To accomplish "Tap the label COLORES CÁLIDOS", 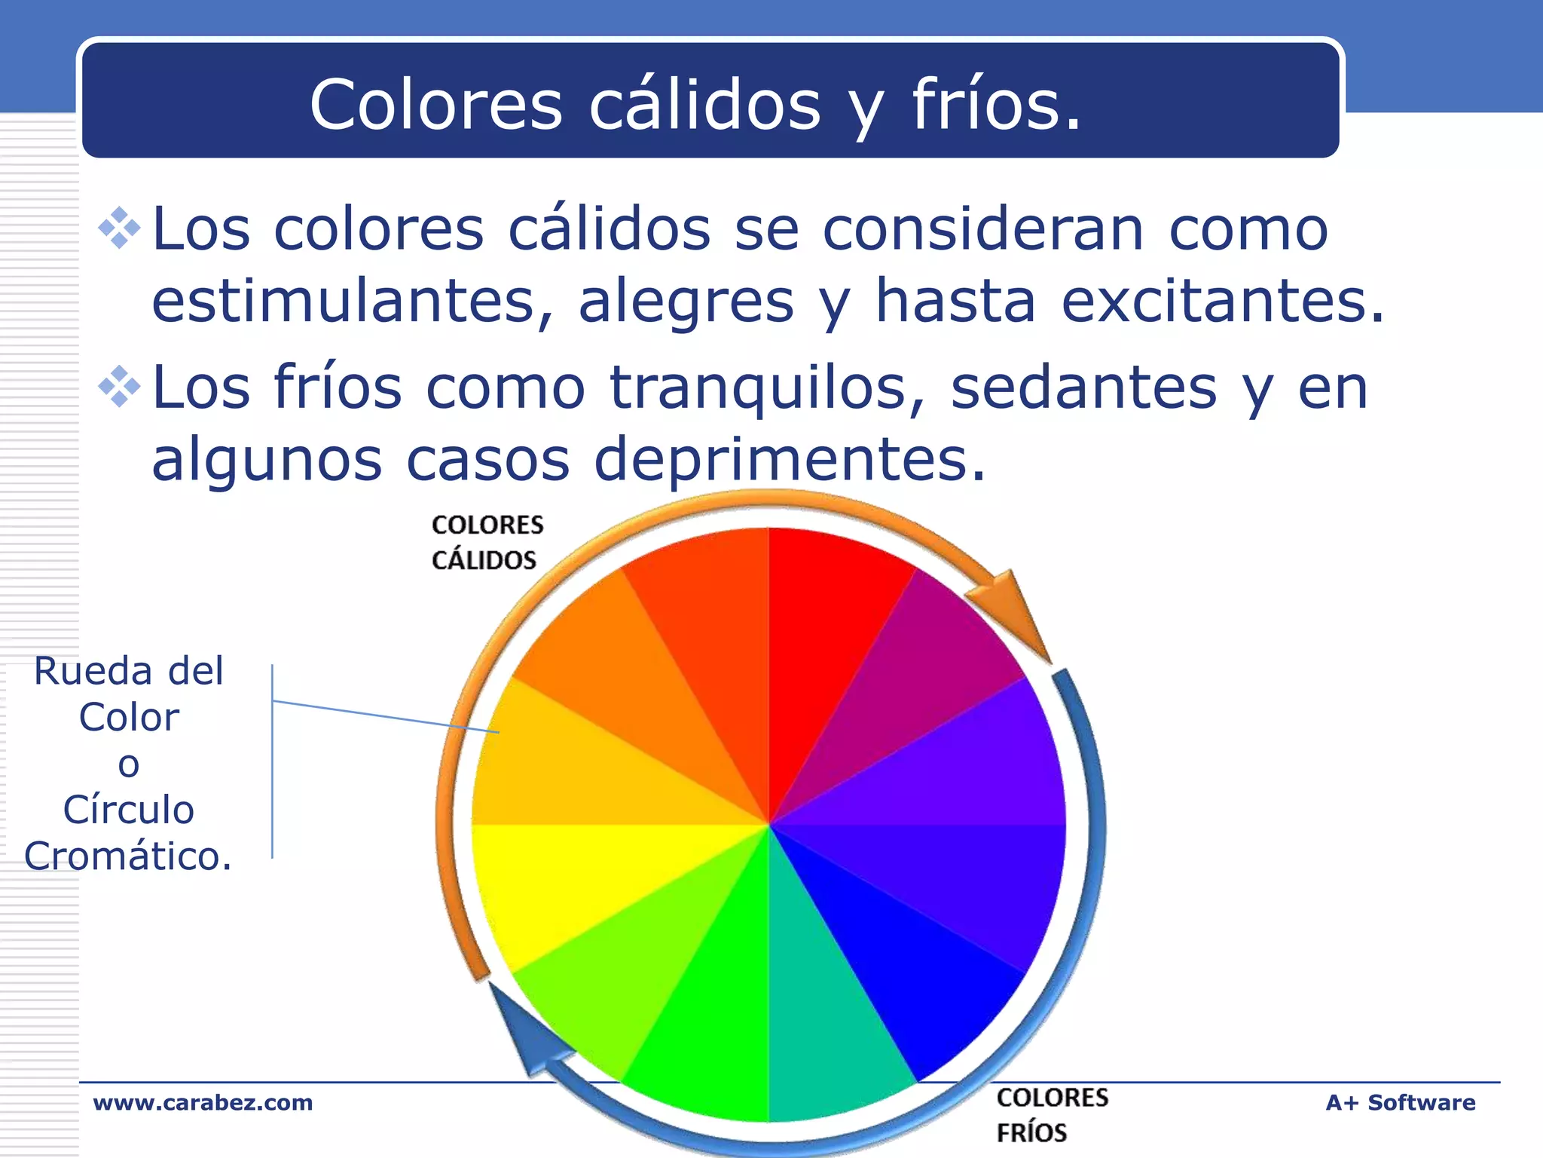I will pyautogui.click(x=487, y=542).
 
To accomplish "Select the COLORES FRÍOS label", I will pyautogui.click(x=1052, y=1114).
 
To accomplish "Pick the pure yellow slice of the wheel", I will pyautogui.click(x=588, y=882).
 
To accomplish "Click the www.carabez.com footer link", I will pyautogui.click(x=203, y=1102).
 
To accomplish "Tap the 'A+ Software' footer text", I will pyautogui.click(x=1400, y=1102).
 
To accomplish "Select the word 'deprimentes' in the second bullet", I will pyautogui.click(x=790, y=459).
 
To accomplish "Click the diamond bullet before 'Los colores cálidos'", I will pyautogui.click(x=120, y=228).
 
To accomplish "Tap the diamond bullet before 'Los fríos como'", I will pyautogui.click(x=120, y=387).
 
